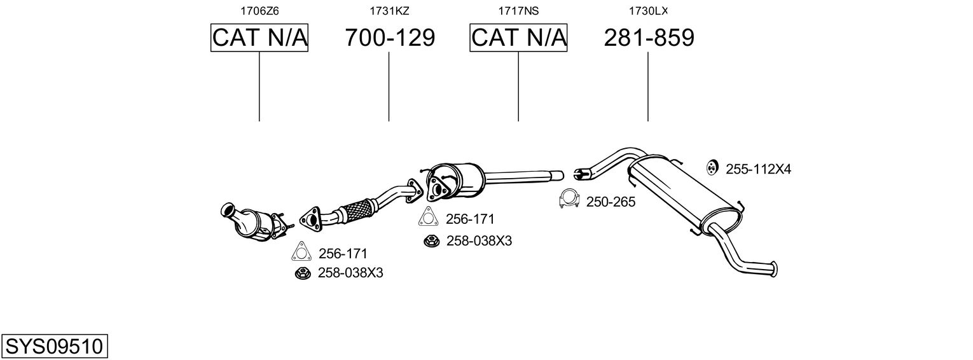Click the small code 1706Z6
[259, 11]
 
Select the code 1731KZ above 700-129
[389, 11]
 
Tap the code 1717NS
[518, 11]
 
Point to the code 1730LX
[648, 11]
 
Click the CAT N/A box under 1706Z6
[259, 38]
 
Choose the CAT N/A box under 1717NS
[518, 38]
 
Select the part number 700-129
[389, 38]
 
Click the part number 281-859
[648, 38]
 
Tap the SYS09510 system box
[54, 347]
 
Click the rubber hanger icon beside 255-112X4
[712, 167]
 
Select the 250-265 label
[611, 202]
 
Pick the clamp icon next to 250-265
[569, 200]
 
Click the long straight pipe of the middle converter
[521, 174]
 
